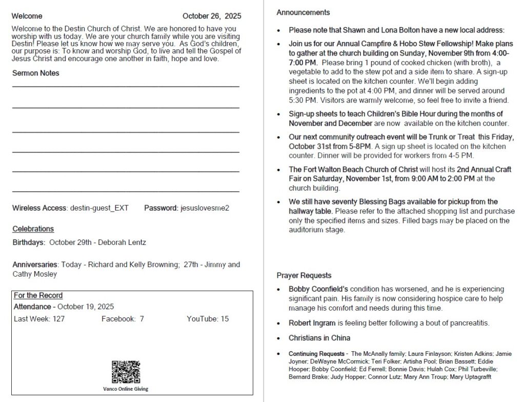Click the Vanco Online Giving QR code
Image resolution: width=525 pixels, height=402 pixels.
click(x=126, y=372)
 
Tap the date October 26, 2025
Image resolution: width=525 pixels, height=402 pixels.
click(x=212, y=16)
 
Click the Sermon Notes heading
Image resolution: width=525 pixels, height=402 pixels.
click(x=35, y=73)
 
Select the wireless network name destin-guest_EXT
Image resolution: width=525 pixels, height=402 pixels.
click(x=99, y=208)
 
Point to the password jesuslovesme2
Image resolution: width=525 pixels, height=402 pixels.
click(x=205, y=208)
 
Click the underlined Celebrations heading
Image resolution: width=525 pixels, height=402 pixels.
click(x=33, y=228)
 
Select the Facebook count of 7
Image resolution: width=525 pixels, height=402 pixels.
click(x=142, y=319)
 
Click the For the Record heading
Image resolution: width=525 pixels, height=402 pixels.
click(x=38, y=295)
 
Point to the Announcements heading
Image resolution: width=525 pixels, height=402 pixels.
click(x=303, y=12)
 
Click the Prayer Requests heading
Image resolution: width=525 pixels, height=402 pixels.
click(x=304, y=275)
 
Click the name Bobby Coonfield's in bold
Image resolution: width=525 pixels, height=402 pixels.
click(x=318, y=289)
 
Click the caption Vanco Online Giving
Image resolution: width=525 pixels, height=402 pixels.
click(x=126, y=389)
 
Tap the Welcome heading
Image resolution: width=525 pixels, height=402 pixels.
click(x=27, y=16)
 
